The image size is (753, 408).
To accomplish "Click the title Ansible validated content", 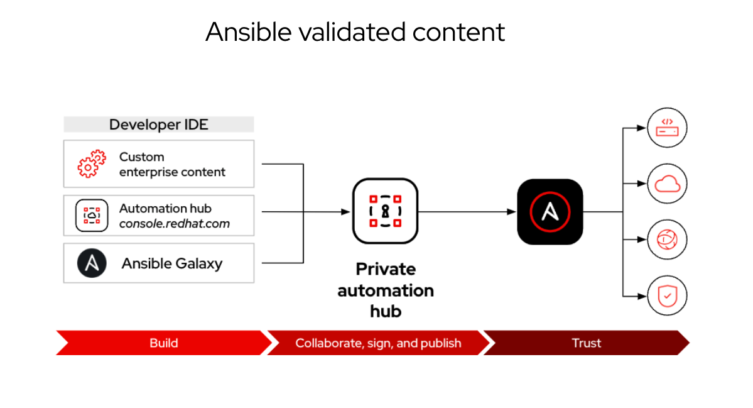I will pos(355,32).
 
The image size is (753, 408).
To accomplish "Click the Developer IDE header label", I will pos(158,124).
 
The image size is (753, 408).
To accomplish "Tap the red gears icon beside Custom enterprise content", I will pos(92,164).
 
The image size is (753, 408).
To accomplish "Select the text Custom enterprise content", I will pos(172,164).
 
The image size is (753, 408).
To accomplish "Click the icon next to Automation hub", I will pos(92,215).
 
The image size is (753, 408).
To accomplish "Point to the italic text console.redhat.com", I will pos(175,223).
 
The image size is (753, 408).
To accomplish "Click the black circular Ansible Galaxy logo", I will pos(92,263).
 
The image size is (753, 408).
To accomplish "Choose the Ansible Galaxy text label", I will pos(172,263).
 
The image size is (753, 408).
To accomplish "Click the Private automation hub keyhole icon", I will pos(385,211).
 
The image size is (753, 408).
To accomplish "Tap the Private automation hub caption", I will pos(385,290).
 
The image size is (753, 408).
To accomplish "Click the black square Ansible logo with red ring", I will pos(550,212).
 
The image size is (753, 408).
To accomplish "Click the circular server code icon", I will pos(667,128).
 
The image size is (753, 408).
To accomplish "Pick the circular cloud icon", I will pos(667,184).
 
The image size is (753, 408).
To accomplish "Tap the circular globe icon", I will pos(667,240).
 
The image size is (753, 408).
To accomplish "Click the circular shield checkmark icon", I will pos(667,295).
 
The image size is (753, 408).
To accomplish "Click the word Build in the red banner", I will pos(164,343).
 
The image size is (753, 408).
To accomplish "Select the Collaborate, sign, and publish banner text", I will pos(378,343).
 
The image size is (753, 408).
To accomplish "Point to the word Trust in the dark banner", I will pos(586,343).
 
